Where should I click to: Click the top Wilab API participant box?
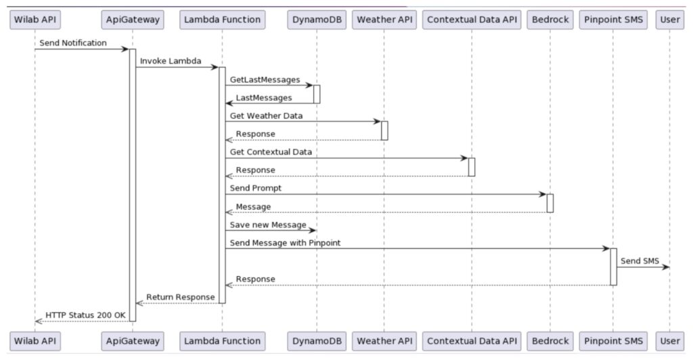[x=35, y=20]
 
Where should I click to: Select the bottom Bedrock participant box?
[x=550, y=341]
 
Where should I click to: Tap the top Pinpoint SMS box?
[x=613, y=20]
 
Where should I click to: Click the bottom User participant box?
[x=669, y=341]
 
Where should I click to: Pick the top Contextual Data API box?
[x=472, y=20]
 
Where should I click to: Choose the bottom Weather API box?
[x=384, y=341]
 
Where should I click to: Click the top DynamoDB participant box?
[x=317, y=20]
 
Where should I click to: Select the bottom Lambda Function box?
[x=222, y=341]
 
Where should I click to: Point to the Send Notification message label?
[x=73, y=43]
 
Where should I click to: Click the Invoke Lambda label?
[x=171, y=61]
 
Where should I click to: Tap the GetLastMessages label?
[x=265, y=79]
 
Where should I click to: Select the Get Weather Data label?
[x=266, y=116]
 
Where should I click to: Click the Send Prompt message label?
[x=255, y=187]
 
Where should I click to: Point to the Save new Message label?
[x=268, y=225]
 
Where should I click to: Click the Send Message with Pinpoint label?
[x=285, y=243]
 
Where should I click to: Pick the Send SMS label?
[x=640, y=261]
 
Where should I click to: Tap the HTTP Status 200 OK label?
[x=85, y=315]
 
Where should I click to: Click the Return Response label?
[x=180, y=297]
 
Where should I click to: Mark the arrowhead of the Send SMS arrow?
[x=667, y=267]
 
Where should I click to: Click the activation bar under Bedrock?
[x=550, y=203]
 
